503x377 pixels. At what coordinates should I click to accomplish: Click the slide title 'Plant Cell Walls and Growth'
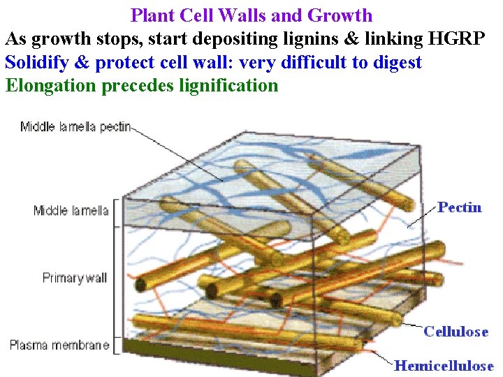[x=251, y=15]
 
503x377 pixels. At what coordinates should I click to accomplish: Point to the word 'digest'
[x=395, y=63]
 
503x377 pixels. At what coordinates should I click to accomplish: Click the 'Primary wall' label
[x=75, y=278]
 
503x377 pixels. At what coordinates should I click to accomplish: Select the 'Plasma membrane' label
[x=59, y=345]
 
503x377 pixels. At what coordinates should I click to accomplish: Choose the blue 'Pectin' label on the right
[x=460, y=207]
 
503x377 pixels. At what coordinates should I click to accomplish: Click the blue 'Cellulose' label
[x=455, y=332]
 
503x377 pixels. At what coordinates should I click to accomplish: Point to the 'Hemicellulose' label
[x=444, y=365]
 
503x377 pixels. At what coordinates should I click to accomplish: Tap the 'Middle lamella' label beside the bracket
[x=71, y=210]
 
